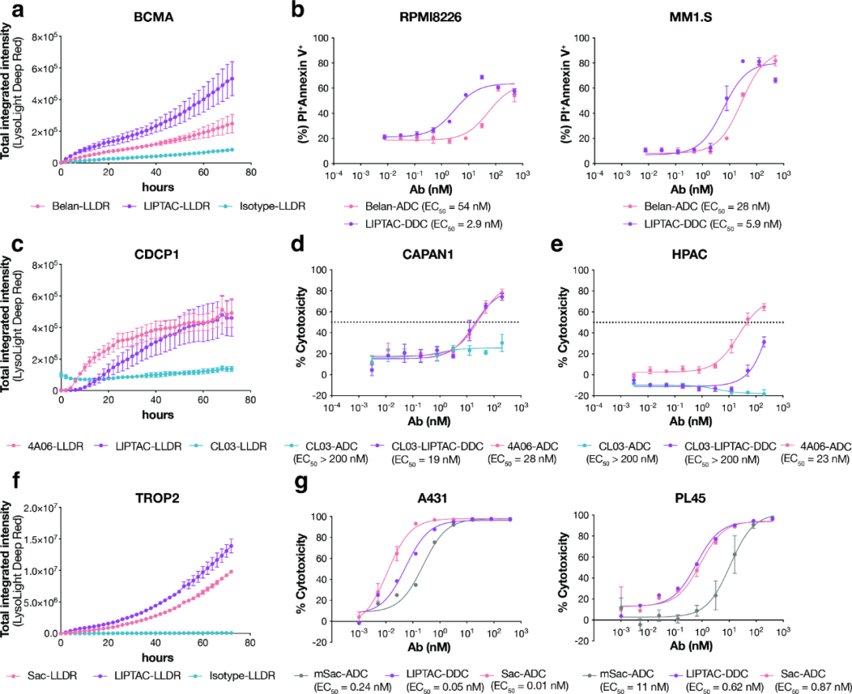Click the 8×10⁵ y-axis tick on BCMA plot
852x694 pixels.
pos(39,36)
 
